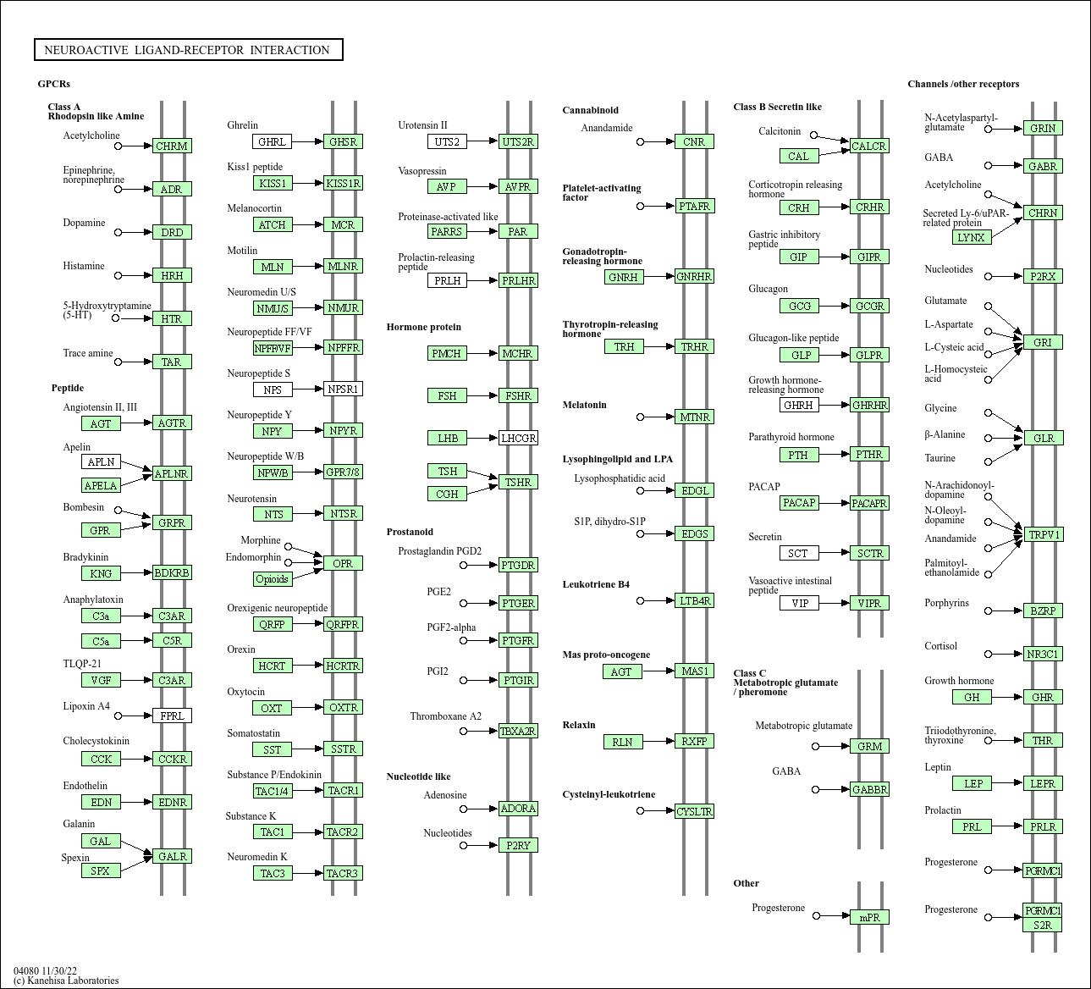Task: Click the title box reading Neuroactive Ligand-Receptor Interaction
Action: click(x=188, y=50)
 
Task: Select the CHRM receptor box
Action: click(x=172, y=146)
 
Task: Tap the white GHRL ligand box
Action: click(x=272, y=141)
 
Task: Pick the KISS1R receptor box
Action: click(x=343, y=183)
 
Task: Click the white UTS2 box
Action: click(x=446, y=141)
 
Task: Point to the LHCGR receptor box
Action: click(x=518, y=438)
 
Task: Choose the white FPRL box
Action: click(x=172, y=716)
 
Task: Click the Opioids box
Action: click(x=272, y=579)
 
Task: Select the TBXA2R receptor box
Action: click(x=518, y=731)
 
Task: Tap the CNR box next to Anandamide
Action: click(x=694, y=141)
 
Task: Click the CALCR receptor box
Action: click(x=868, y=146)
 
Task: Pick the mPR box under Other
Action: click(x=869, y=917)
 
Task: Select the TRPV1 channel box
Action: click(x=1043, y=534)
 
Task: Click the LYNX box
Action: click(x=971, y=237)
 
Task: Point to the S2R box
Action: click(x=1042, y=925)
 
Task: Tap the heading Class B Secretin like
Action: click(x=777, y=107)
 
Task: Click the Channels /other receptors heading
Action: click(x=963, y=84)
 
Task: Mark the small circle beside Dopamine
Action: click(x=118, y=232)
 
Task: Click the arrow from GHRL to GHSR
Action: click(x=307, y=141)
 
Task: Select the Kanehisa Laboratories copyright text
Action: click(x=66, y=981)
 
